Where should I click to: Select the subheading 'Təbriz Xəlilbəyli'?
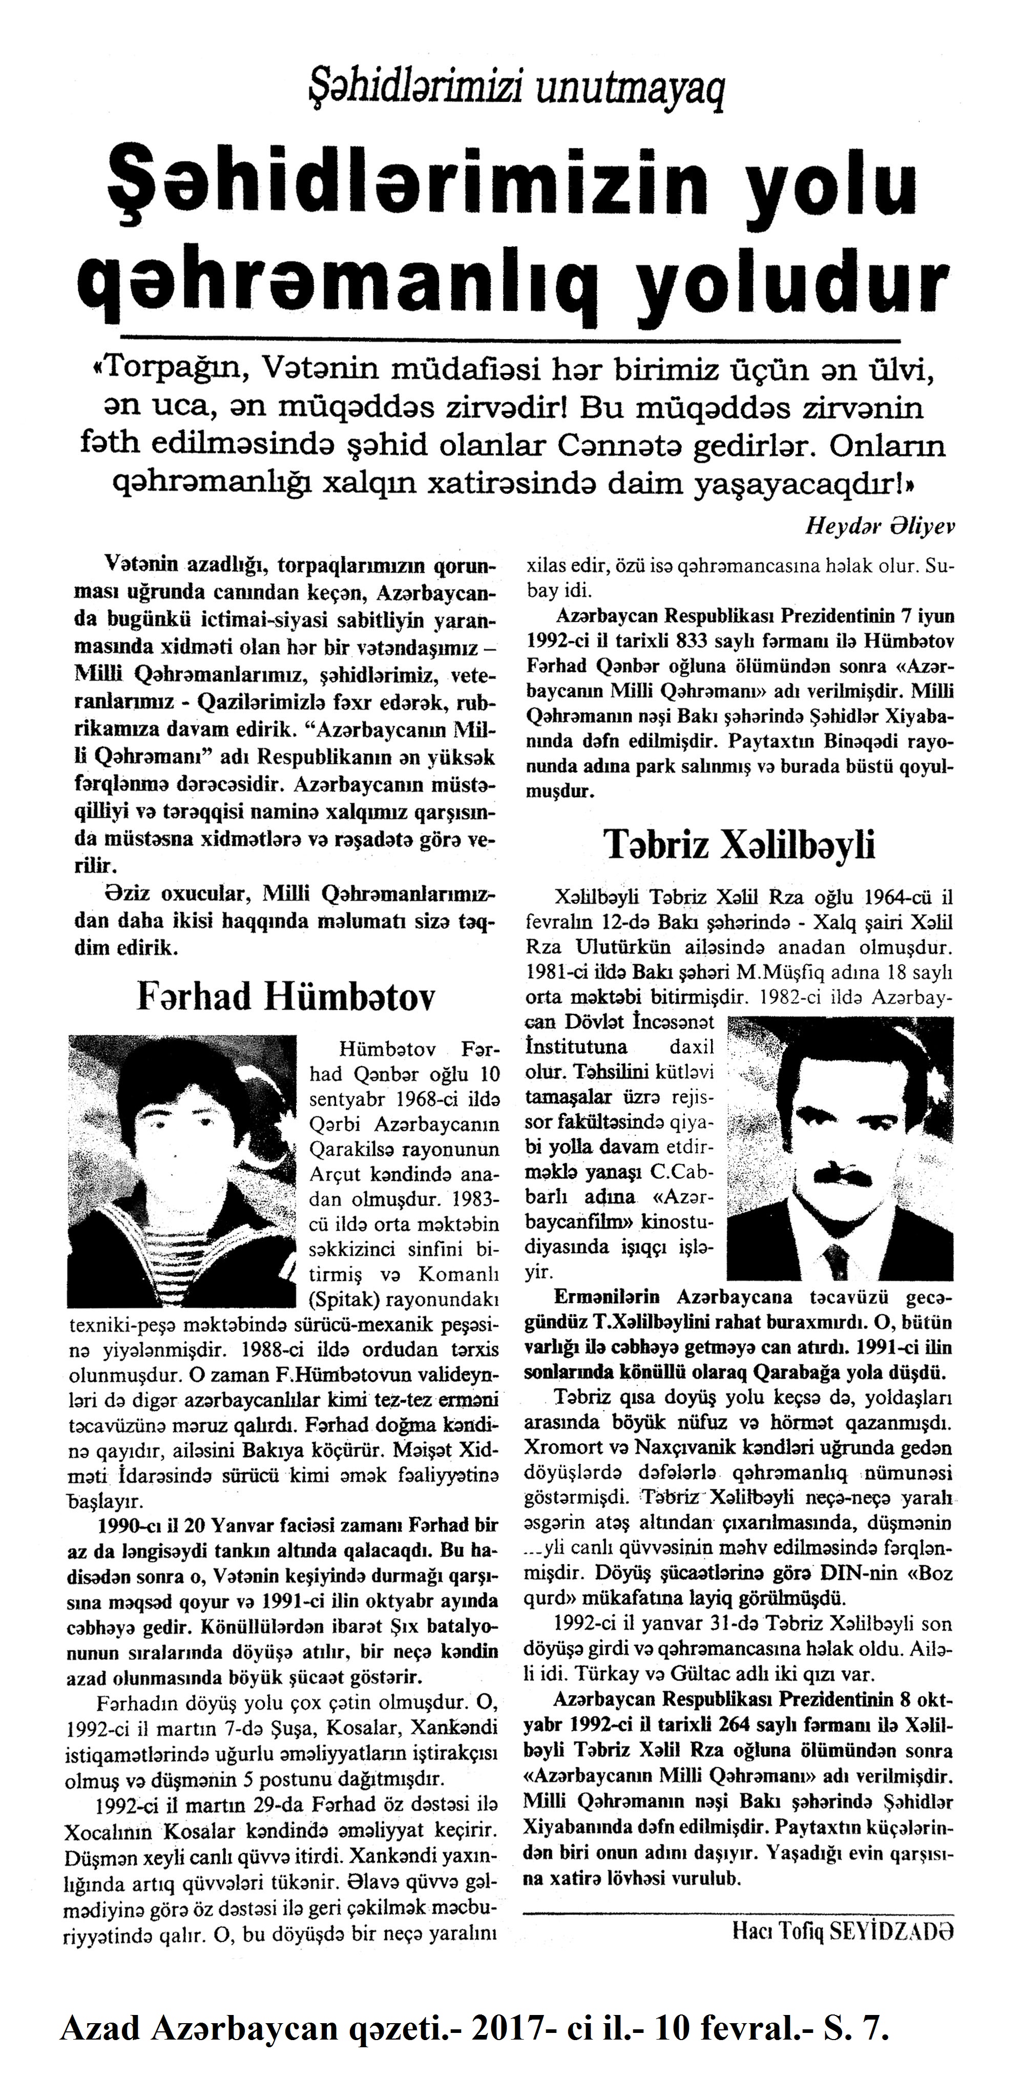point(739,845)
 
